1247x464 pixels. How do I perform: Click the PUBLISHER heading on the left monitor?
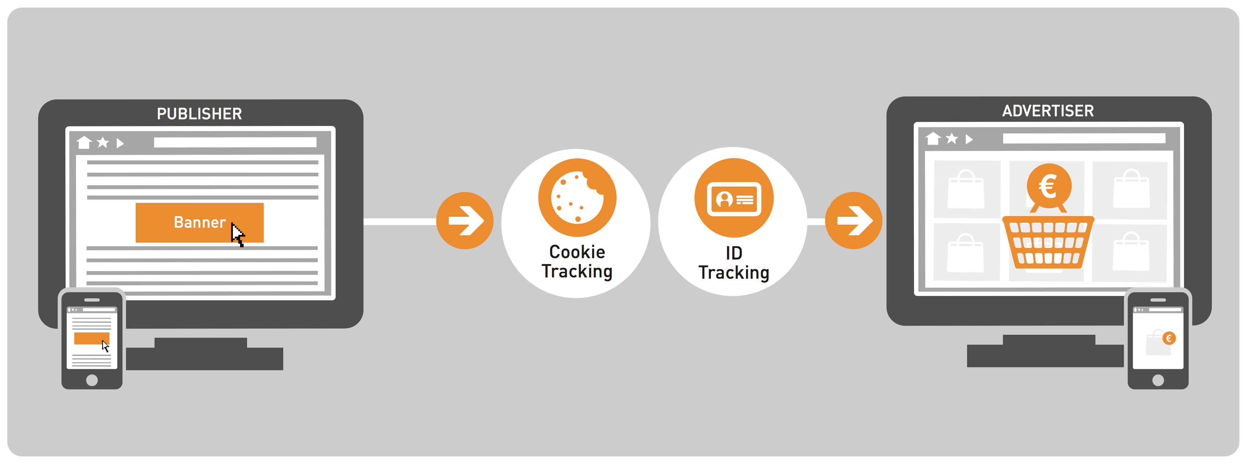click(x=199, y=114)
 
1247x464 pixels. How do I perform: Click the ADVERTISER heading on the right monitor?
click(x=1048, y=111)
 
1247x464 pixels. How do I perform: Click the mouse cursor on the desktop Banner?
click(x=237, y=235)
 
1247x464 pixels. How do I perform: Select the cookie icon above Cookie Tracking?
click(x=577, y=198)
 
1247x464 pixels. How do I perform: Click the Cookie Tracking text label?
click(x=577, y=262)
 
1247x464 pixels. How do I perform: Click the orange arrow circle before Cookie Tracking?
click(x=465, y=221)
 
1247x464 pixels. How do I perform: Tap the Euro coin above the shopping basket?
click(x=1049, y=186)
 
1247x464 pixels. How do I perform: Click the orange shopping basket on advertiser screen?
click(x=1048, y=242)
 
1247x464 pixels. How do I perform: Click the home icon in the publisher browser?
click(x=84, y=142)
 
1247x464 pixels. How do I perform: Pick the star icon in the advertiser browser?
click(x=952, y=139)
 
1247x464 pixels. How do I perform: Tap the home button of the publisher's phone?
click(x=92, y=380)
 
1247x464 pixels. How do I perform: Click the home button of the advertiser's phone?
click(x=1158, y=380)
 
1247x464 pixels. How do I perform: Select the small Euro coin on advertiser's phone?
click(x=1169, y=338)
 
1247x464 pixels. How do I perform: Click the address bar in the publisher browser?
click(x=235, y=142)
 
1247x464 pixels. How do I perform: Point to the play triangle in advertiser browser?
click(x=969, y=139)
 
